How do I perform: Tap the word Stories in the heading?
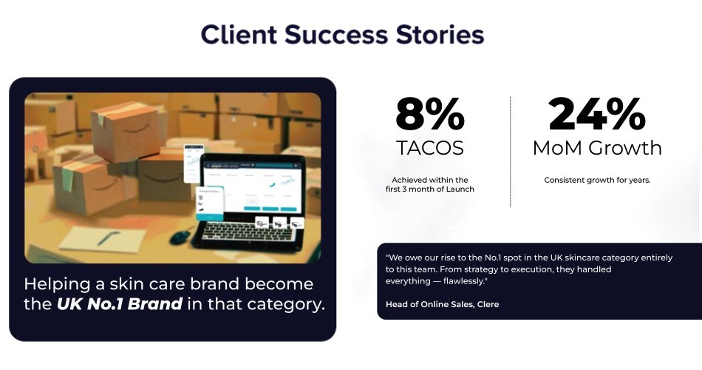click(440, 35)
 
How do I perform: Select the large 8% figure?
click(430, 115)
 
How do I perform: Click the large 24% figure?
click(597, 115)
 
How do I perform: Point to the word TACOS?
click(430, 148)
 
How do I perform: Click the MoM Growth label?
click(597, 148)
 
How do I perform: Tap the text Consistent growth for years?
click(597, 181)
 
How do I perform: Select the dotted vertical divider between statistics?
click(511, 151)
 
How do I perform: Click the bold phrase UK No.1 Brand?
click(120, 303)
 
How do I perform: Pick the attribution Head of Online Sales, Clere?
click(443, 304)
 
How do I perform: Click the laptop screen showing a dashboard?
click(253, 186)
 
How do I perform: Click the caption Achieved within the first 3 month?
click(430, 184)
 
